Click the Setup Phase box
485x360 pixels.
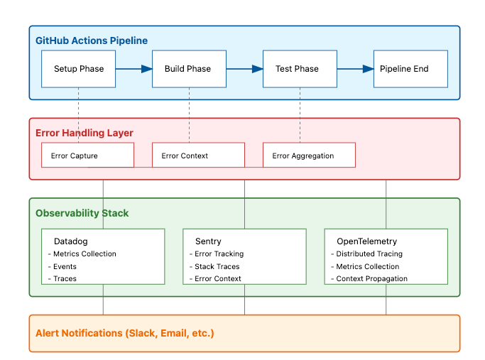click(x=78, y=69)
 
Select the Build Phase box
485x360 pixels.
click(x=189, y=69)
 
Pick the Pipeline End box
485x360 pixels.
click(x=410, y=69)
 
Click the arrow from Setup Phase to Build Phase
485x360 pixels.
click(x=134, y=69)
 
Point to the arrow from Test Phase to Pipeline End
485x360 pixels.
click(x=355, y=69)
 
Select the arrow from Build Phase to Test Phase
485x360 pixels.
click(x=244, y=69)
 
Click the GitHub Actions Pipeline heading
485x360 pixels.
click(x=92, y=40)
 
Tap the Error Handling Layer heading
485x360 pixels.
click(x=85, y=133)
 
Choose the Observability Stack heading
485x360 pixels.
click(x=82, y=213)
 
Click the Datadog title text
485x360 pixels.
click(x=70, y=241)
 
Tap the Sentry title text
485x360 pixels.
click(x=208, y=241)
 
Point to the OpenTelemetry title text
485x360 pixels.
click(x=366, y=241)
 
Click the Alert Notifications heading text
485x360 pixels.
click(x=125, y=333)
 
